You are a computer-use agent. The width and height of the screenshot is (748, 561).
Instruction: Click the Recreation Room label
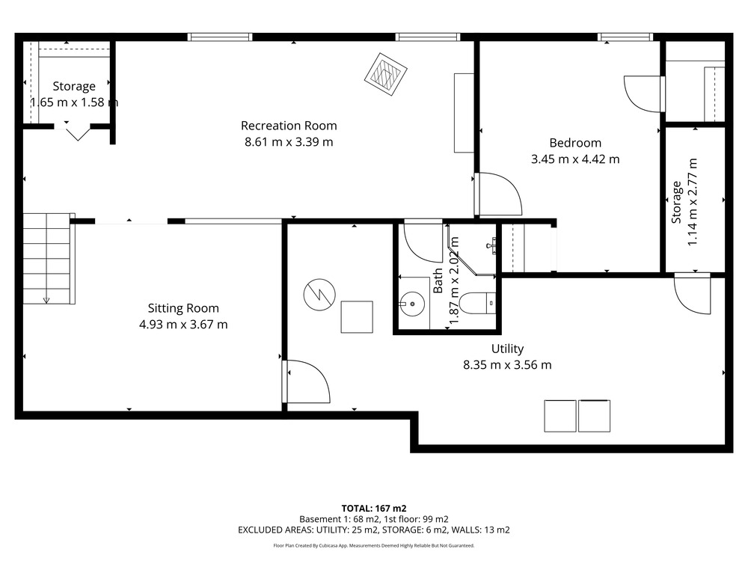click(289, 126)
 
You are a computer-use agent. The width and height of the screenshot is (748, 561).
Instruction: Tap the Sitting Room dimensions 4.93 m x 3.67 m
click(183, 325)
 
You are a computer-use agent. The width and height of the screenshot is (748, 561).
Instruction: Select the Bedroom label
click(575, 143)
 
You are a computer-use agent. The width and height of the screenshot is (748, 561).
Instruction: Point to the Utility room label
click(508, 349)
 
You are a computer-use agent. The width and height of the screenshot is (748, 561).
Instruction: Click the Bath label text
click(438, 280)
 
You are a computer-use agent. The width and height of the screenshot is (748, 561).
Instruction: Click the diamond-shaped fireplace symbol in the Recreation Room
click(385, 74)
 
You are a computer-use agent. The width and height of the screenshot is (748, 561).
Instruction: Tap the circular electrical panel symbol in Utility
click(319, 295)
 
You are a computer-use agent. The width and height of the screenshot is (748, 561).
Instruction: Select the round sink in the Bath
click(411, 303)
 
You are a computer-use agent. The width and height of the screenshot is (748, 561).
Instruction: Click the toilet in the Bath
click(478, 304)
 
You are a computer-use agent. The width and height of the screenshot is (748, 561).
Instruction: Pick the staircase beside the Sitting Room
click(49, 259)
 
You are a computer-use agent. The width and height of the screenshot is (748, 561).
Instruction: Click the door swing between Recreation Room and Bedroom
click(498, 194)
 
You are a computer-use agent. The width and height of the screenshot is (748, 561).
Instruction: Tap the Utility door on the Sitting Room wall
click(306, 381)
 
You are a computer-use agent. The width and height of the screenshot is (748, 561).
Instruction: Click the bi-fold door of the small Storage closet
click(77, 131)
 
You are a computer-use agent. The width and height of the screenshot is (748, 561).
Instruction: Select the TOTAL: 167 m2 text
click(374, 509)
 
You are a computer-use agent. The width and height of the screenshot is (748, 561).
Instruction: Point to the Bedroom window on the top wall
click(625, 37)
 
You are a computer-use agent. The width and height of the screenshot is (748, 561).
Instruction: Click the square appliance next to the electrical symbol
click(357, 316)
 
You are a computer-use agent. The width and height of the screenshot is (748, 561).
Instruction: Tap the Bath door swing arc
click(423, 242)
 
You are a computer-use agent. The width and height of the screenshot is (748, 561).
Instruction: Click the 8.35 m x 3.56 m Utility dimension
click(508, 365)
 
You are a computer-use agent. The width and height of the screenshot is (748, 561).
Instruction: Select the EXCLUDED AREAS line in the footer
click(374, 530)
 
